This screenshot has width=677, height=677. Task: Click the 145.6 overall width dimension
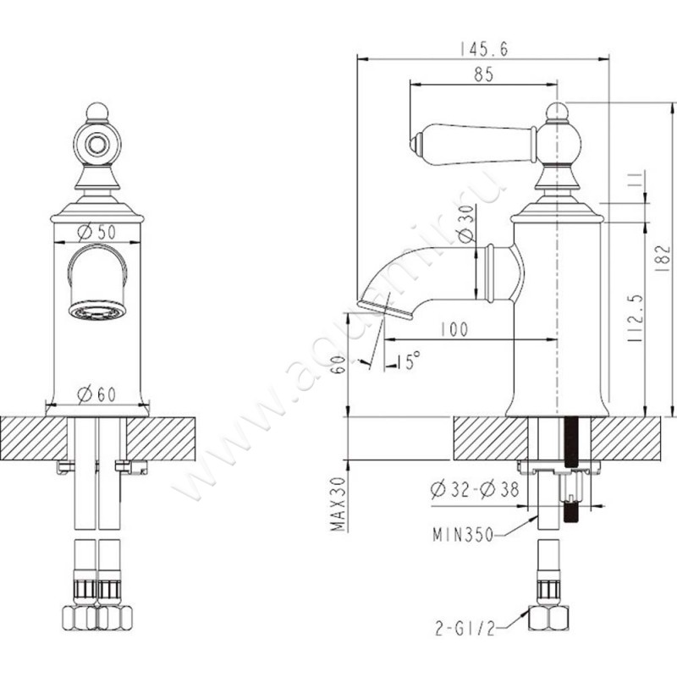483,49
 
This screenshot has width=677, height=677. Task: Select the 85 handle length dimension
483,74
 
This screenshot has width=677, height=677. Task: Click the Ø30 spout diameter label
466,223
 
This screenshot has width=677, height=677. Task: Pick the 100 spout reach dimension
454,329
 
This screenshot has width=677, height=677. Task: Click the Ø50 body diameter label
96,232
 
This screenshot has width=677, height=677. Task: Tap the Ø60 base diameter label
96,394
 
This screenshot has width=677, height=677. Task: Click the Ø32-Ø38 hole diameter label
475,490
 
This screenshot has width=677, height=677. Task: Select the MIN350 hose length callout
463,536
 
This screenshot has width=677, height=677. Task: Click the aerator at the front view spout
97,311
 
